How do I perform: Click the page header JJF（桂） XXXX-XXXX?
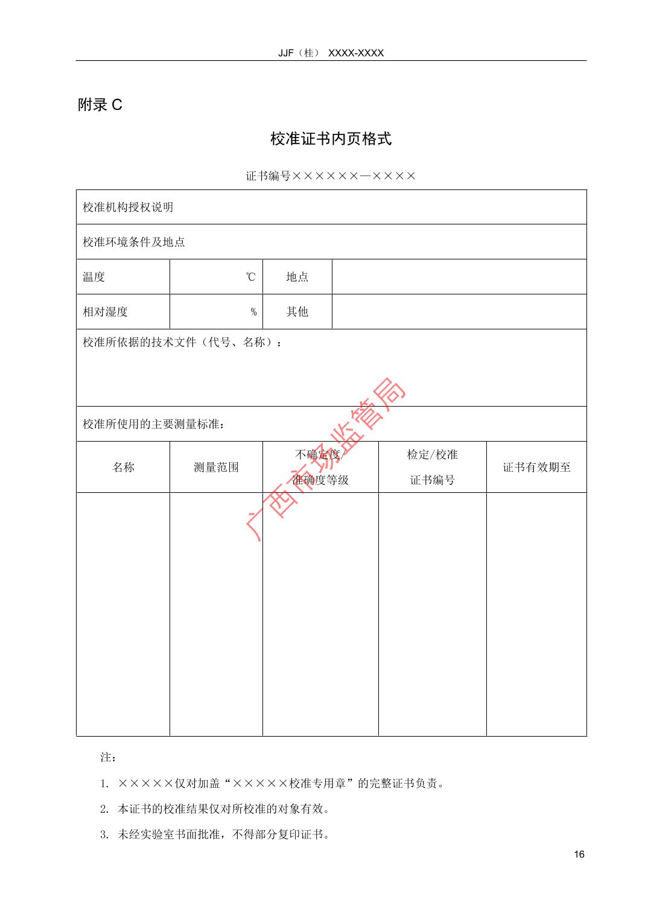[x=331, y=53]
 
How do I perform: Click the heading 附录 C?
[x=100, y=105]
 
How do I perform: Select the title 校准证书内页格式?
[x=331, y=139]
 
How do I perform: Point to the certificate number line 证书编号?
[x=331, y=176]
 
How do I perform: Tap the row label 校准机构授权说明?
[x=128, y=207]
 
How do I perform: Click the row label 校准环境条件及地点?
[x=133, y=242]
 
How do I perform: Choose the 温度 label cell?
[x=94, y=277]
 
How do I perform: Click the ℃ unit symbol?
[x=250, y=277]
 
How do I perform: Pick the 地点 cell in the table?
[x=297, y=277]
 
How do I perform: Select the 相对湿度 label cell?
[x=105, y=312]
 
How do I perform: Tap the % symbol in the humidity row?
[x=253, y=312]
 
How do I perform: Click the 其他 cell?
[x=297, y=312]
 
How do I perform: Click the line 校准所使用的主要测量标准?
[x=154, y=424]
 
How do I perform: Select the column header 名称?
[x=123, y=467]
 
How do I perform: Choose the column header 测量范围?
[x=216, y=467]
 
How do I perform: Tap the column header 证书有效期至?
[x=536, y=467]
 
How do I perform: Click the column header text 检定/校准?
[x=432, y=455]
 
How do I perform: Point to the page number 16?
[x=579, y=854]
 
